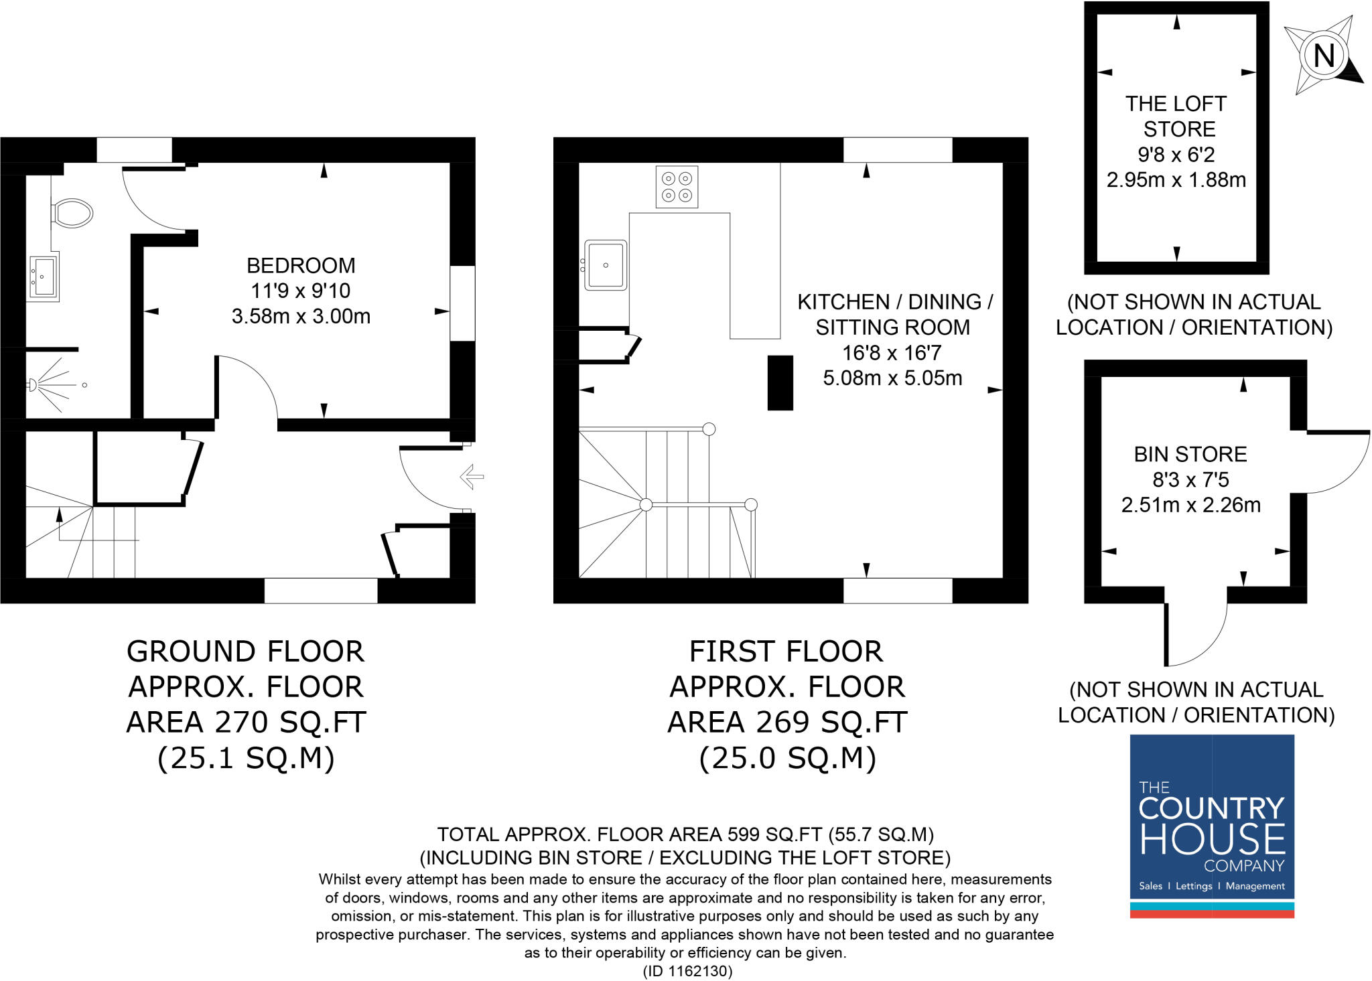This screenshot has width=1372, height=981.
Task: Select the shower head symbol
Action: pos(32,384)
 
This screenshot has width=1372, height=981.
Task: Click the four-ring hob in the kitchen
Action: pos(677,187)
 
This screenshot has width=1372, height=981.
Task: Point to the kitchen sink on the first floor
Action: pos(606,265)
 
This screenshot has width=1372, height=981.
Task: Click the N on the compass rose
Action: pos(1324,56)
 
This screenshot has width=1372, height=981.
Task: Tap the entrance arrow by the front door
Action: pos(472,477)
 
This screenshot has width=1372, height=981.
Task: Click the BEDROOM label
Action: pos(301,266)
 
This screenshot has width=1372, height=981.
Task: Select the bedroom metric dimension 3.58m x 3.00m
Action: pos(301,316)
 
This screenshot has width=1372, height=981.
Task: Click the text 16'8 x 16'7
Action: pos(892,353)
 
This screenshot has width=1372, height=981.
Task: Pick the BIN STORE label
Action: pos(1190,455)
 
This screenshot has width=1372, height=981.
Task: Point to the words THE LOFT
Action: pos(1176,104)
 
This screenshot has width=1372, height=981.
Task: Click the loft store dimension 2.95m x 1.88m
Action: pos(1176,180)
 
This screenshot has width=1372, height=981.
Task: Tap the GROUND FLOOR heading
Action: pos(245,652)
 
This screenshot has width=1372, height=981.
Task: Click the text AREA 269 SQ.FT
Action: pos(787,723)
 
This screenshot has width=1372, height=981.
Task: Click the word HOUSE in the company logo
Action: pos(1212,840)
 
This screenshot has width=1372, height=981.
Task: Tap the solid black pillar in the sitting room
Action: pos(780,382)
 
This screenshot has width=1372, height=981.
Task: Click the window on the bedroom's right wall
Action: pos(462,303)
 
